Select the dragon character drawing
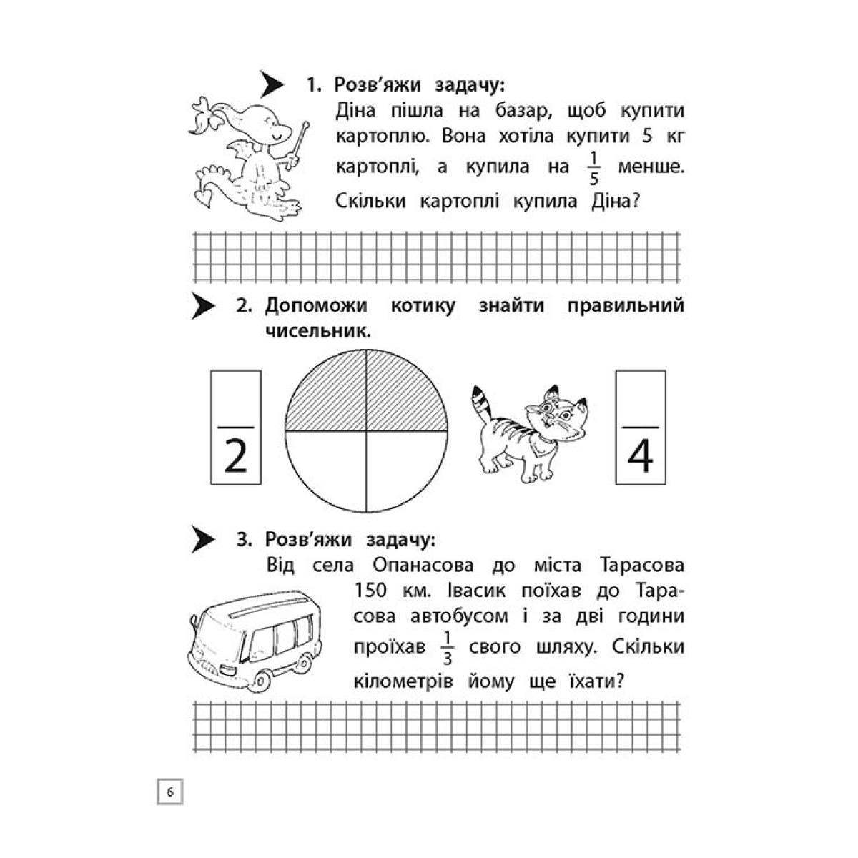point(243,157)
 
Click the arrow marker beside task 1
point(272,84)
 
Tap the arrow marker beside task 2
point(202,307)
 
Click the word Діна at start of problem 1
point(359,111)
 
